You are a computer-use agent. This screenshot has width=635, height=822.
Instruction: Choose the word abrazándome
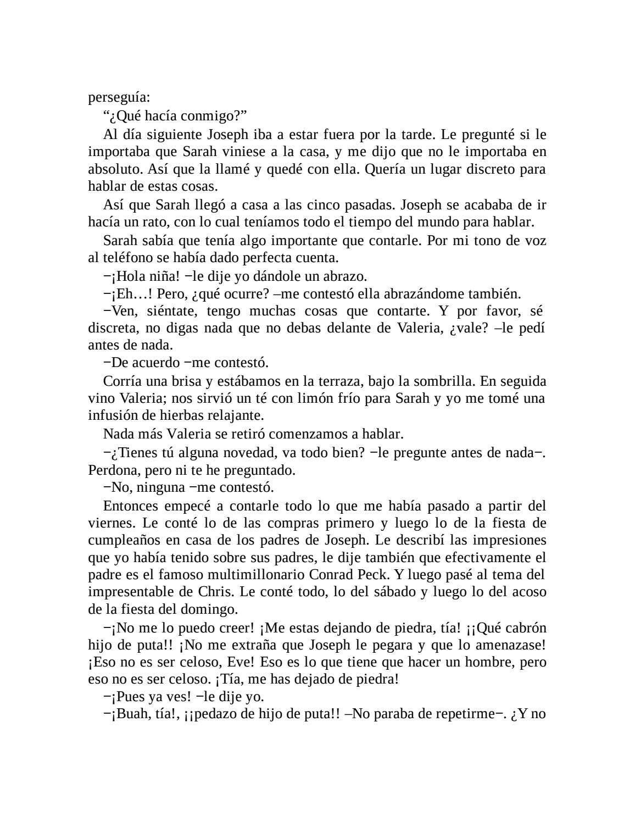pos(435,293)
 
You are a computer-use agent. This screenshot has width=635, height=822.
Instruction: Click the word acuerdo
pos(154,363)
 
